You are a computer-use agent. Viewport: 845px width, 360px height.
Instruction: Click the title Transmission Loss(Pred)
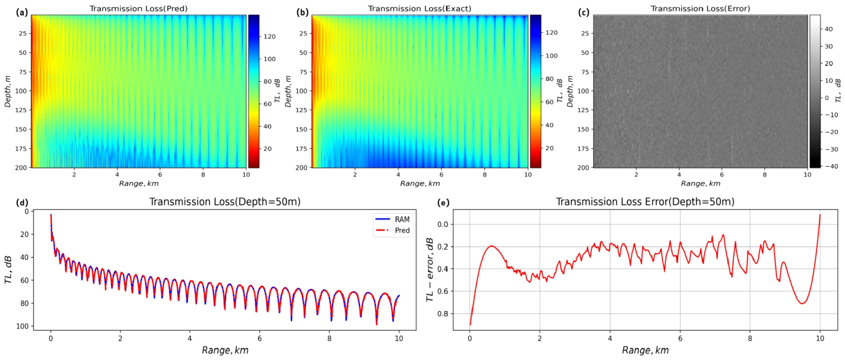point(138,8)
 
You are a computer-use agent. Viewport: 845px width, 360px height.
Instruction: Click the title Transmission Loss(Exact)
point(419,8)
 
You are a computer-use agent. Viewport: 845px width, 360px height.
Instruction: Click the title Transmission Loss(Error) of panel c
point(700,8)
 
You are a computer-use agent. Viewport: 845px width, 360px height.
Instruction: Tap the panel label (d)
point(22,202)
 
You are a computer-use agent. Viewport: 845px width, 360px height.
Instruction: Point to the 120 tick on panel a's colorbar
point(269,37)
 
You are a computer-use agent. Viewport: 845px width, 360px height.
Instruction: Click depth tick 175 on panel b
point(301,148)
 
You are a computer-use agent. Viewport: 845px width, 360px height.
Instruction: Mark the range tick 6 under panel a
point(160,174)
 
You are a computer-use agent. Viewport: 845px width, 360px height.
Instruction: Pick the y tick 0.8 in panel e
point(443,313)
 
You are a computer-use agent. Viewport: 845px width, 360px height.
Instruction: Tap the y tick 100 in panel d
point(23,326)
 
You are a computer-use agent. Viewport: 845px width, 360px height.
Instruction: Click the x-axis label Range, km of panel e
point(645,350)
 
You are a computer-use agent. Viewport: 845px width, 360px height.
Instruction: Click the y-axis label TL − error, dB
point(430,269)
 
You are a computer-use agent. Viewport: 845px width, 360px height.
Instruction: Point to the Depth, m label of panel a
point(7,91)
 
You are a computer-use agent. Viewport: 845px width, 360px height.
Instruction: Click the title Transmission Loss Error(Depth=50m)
point(645,202)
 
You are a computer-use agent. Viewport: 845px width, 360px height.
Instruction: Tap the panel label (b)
point(303,13)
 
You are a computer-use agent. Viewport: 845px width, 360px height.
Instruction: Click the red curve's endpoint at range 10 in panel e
point(820,215)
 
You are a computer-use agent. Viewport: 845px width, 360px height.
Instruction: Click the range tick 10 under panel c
point(807,174)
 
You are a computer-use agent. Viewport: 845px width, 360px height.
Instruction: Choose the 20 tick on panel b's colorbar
point(549,148)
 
